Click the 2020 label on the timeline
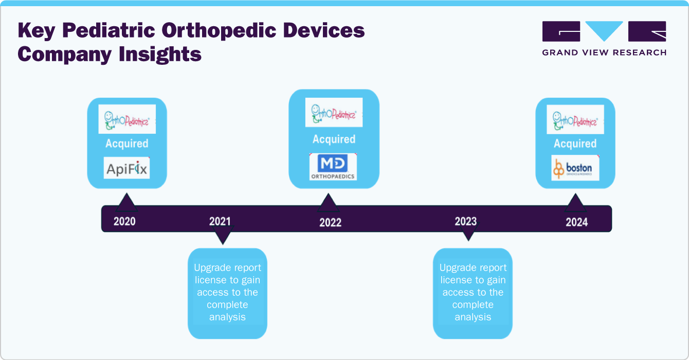(x=124, y=222)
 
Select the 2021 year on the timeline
(x=220, y=221)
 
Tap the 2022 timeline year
(x=330, y=223)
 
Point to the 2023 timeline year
(x=466, y=221)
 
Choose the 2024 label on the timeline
(x=576, y=223)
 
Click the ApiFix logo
(x=126, y=169)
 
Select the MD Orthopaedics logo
(x=333, y=167)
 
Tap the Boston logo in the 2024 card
(x=575, y=168)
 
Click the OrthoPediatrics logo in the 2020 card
(x=126, y=119)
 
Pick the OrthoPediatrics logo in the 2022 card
(x=333, y=112)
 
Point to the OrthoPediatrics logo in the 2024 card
(x=575, y=119)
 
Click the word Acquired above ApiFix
(x=126, y=143)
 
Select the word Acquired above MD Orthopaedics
(x=334, y=139)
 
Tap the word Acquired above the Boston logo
(x=575, y=143)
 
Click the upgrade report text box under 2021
(x=227, y=293)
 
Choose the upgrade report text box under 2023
(x=473, y=293)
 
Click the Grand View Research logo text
(x=604, y=52)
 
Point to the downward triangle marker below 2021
(x=222, y=238)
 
